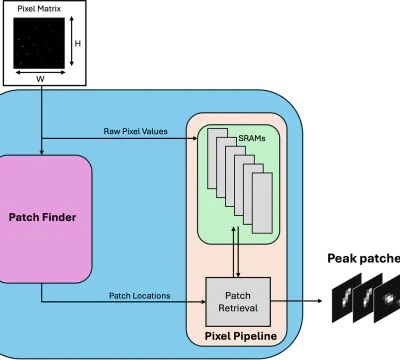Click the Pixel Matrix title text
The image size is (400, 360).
click(x=39, y=9)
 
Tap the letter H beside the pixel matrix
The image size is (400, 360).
click(x=78, y=43)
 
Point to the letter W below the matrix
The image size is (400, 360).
click(x=40, y=79)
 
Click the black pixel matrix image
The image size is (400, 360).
click(x=39, y=43)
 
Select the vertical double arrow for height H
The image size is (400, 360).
click(x=71, y=41)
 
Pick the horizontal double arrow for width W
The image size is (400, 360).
click(x=40, y=72)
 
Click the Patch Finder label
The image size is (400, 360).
click(x=42, y=217)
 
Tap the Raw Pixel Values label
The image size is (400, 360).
click(x=135, y=131)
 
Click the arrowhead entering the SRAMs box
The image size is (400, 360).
click(x=195, y=138)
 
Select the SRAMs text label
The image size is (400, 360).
click(x=252, y=138)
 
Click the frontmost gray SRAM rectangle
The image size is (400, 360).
click(x=262, y=203)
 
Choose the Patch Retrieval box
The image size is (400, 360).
click(x=238, y=302)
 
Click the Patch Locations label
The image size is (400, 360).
click(x=140, y=296)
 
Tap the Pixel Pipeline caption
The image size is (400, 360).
click(x=241, y=336)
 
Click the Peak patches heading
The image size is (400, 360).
click(x=364, y=258)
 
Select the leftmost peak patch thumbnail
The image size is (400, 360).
click(x=347, y=298)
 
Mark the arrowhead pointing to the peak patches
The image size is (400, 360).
click(x=320, y=301)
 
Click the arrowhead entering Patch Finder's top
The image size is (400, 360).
click(x=42, y=153)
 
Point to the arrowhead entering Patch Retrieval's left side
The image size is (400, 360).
click(x=203, y=302)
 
